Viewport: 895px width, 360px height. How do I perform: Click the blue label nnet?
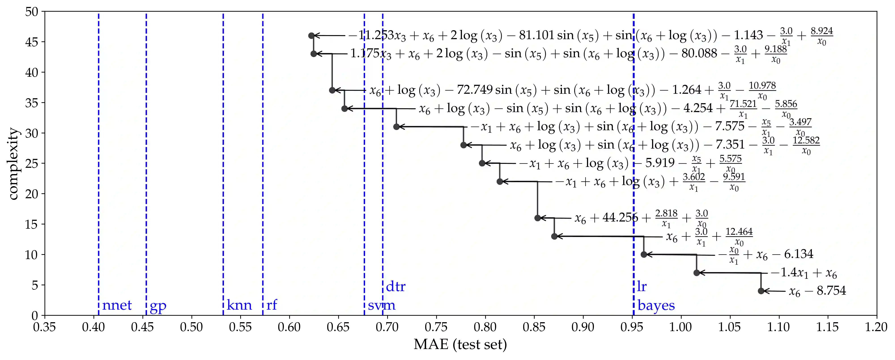click(117, 305)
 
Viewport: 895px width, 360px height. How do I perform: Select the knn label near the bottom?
click(239, 305)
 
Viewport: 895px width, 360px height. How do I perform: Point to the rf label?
click(272, 305)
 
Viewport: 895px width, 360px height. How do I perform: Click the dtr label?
click(396, 287)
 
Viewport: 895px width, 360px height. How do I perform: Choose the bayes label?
click(656, 305)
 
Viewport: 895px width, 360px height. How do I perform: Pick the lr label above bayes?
click(642, 287)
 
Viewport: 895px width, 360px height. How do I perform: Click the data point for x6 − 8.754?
click(761, 291)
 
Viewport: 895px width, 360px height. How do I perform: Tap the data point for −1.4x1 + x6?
click(697, 273)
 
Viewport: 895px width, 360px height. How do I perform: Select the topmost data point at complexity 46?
click(312, 35)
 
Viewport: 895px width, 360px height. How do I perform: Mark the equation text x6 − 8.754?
click(817, 291)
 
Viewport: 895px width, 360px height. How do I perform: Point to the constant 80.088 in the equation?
click(699, 53)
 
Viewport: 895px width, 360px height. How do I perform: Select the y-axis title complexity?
click(13, 163)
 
